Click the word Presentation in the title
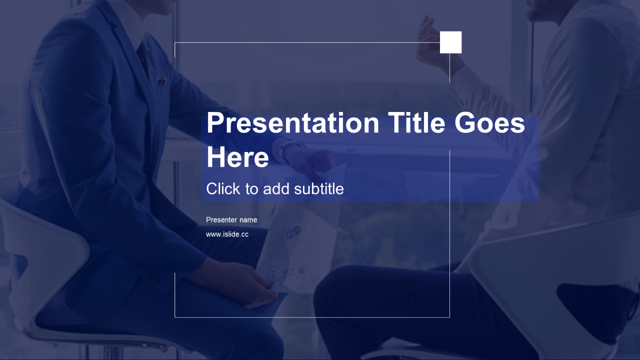pyautogui.click(x=293, y=123)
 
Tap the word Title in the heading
pyautogui.click(x=416, y=122)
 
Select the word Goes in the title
pyautogui.click(x=489, y=123)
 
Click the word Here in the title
pyautogui.click(x=237, y=157)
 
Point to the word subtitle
pyautogui.click(x=319, y=189)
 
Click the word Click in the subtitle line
pyautogui.click(x=223, y=189)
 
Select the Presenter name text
pyautogui.click(x=231, y=220)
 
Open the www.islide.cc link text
pyautogui.click(x=227, y=234)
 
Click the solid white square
pyautogui.click(x=450, y=42)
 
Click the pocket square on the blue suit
pyautogui.click(x=161, y=80)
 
